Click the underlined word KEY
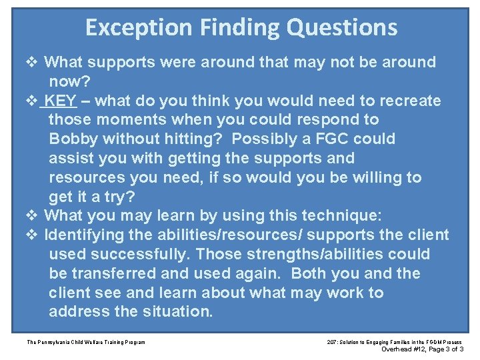click(x=62, y=101)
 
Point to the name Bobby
click(x=73, y=139)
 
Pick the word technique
click(x=341, y=216)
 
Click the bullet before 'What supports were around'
click(x=33, y=63)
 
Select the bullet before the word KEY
click(x=33, y=101)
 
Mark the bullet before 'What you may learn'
click(x=33, y=216)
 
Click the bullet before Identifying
click(x=33, y=235)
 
